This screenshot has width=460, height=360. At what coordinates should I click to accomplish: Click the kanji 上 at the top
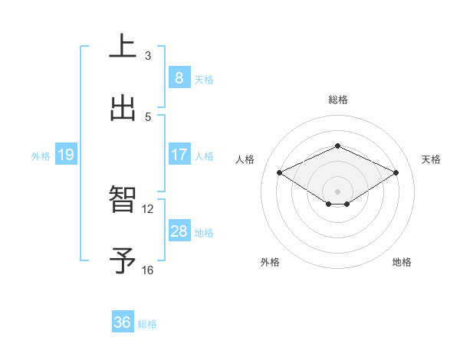point(123,46)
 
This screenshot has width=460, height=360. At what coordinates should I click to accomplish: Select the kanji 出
point(123,108)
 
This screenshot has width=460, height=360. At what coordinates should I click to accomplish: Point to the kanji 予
point(123,260)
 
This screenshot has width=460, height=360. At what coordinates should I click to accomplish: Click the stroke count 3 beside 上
point(148,55)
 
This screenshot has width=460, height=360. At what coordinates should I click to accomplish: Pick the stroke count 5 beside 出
point(148,117)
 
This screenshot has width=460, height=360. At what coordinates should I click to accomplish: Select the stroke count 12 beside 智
point(148,208)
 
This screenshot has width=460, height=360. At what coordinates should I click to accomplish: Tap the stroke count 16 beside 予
point(148,270)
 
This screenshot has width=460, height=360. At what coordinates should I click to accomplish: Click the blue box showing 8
point(179,77)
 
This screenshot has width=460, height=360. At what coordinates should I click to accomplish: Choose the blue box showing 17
point(179,155)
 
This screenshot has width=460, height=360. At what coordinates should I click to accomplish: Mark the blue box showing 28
point(179,231)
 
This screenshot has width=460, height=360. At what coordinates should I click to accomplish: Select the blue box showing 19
point(66,155)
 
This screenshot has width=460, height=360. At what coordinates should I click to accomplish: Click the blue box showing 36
point(123,322)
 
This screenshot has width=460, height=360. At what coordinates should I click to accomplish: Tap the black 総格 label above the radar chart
point(338,100)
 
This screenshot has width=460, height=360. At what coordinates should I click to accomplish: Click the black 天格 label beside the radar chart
point(431,159)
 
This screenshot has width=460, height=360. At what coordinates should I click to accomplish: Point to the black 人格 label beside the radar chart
point(245,159)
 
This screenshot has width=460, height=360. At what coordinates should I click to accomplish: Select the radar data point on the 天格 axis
point(396,173)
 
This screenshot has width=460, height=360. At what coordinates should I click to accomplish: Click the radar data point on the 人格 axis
point(280,173)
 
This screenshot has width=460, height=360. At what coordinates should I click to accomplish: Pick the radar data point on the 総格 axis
point(337,146)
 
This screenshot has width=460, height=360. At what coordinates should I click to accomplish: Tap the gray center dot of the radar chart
point(337,191)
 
